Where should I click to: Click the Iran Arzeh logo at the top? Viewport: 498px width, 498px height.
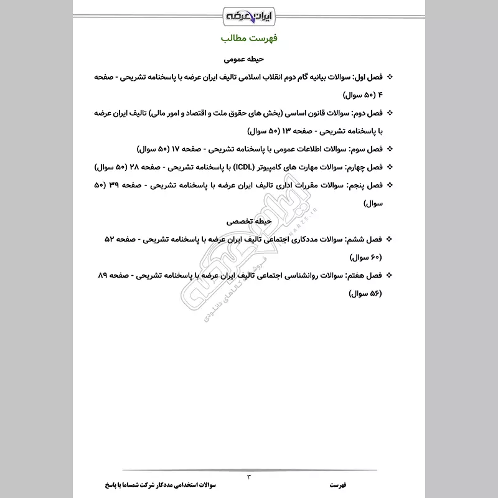pyautogui.click(x=248, y=14)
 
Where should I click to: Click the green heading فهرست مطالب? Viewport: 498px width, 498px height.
pyautogui.click(x=248, y=39)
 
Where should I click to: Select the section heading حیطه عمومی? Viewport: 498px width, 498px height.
pyautogui.click(x=248, y=60)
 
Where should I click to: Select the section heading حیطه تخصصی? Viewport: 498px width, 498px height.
pyautogui.click(x=248, y=221)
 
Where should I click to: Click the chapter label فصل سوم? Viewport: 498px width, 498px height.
pyautogui.click(x=367, y=150)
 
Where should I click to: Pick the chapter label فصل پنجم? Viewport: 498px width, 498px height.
pyautogui.click(x=367, y=186)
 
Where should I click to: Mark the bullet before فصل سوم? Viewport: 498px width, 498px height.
pyautogui.click(x=391, y=150)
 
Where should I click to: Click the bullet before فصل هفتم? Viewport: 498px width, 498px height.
pyautogui.click(x=391, y=275)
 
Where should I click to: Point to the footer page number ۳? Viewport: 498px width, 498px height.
pyautogui.click(x=249, y=477)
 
